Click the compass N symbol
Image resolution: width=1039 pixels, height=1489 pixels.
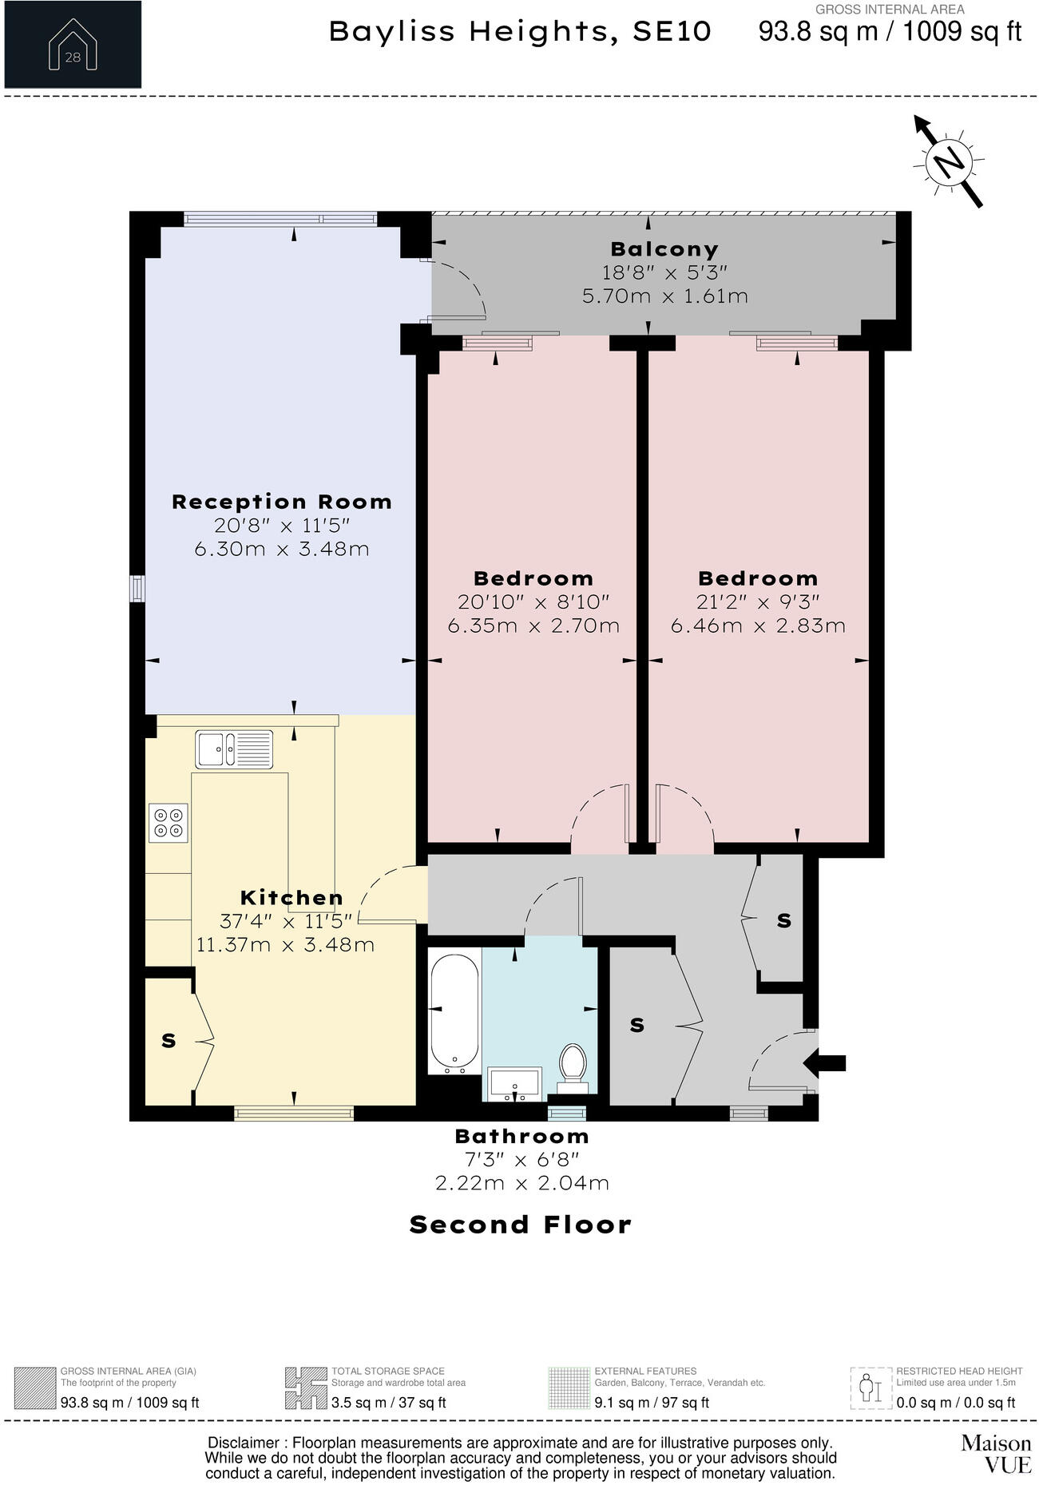[x=949, y=163]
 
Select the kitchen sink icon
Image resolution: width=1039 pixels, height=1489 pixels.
[x=234, y=749]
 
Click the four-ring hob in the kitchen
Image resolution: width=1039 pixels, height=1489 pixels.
[x=168, y=823]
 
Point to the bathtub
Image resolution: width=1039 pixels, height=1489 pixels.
[x=455, y=1011]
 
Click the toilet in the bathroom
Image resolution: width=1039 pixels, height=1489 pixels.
[x=573, y=1066]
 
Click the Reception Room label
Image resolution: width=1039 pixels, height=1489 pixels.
[x=282, y=502]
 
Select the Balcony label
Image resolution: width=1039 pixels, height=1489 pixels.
[x=664, y=249]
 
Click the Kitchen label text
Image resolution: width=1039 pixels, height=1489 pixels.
[x=291, y=897]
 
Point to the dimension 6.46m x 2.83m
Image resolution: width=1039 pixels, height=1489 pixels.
[x=758, y=625]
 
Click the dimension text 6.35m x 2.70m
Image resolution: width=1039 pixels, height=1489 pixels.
[x=533, y=625]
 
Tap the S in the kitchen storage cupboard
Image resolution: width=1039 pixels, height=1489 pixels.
[x=169, y=1041]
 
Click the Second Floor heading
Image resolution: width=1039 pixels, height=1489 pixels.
[x=520, y=1225]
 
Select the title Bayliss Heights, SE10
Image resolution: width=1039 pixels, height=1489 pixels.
[x=520, y=32]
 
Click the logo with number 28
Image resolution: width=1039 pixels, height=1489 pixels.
[x=73, y=44]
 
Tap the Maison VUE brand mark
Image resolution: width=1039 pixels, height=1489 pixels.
[x=995, y=1453]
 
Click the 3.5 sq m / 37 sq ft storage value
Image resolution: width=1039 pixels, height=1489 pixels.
[x=388, y=1403]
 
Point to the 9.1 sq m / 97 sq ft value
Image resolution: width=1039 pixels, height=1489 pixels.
[x=651, y=1403]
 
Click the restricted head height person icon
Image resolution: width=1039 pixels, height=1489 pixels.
[x=870, y=1389]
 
